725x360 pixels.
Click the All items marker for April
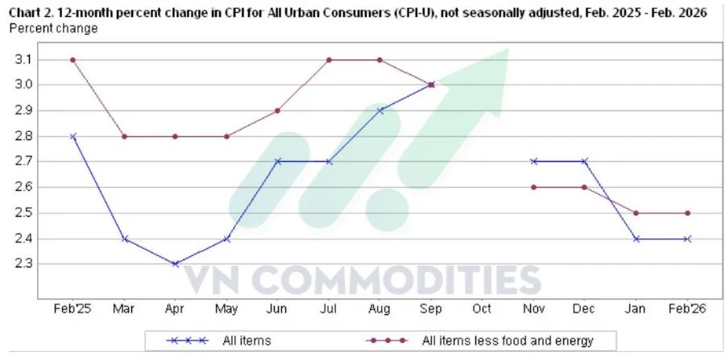pos(175,264)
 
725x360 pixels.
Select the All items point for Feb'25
pos(73,136)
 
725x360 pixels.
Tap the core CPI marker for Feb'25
pos(73,60)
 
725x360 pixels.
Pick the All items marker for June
pos(278,162)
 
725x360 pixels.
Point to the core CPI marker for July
pos(329,60)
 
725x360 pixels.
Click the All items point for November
pos(533,162)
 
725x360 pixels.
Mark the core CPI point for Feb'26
pos(687,213)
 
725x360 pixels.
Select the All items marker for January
pos(636,239)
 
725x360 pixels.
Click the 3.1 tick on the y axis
pos(23,60)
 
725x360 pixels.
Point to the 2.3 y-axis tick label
pos(23,264)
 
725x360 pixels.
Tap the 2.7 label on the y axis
pos(23,162)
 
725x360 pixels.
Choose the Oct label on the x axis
pos(482,308)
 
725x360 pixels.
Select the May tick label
pos(226,308)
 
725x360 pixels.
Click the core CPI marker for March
pos(124,136)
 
